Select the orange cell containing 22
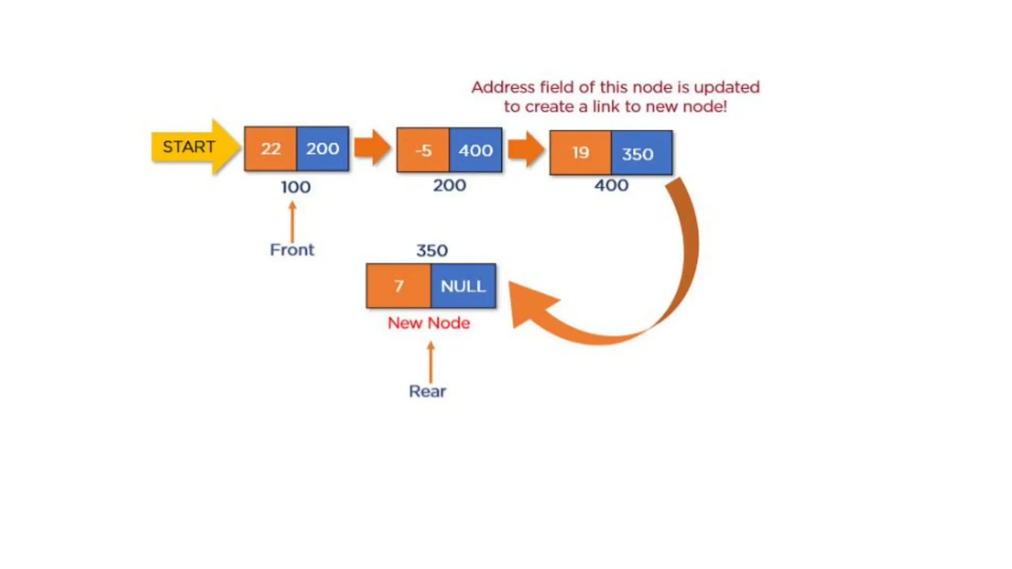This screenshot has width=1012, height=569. (x=270, y=149)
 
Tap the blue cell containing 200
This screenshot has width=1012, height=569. (x=323, y=149)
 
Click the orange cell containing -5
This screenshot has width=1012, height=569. (x=423, y=150)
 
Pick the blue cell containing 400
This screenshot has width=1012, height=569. (x=475, y=150)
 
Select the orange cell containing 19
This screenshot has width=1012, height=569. (x=581, y=153)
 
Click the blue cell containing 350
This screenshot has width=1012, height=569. (x=641, y=153)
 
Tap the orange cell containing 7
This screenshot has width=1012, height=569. (x=398, y=286)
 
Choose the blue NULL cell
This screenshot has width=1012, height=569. (x=463, y=286)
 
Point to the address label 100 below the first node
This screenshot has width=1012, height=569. (x=295, y=187)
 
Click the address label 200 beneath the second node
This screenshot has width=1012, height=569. (x=449, y=186)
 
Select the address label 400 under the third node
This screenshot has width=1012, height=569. (x=611, y=186)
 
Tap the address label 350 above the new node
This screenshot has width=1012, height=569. (x=432, y=250)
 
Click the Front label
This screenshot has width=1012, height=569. (x=292, y=250)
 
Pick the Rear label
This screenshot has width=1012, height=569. (x=427, y=391)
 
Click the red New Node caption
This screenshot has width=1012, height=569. (x=428, y=323)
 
